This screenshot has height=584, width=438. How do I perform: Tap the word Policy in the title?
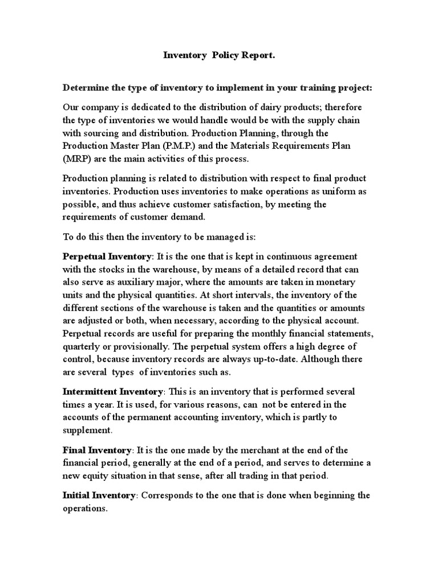tap(226, 55)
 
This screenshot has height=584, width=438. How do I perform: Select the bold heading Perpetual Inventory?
tap(107, 256)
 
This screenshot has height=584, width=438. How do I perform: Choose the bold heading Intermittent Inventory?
tap(113, 392)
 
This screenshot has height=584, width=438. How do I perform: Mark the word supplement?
tap(86, 430)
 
